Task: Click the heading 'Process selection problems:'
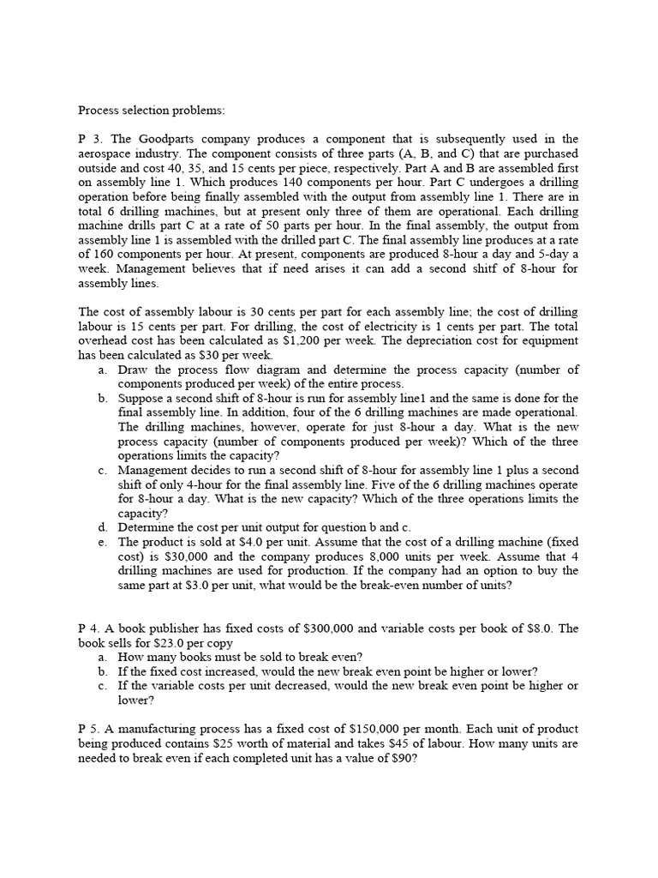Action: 151,110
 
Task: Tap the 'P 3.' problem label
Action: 91,139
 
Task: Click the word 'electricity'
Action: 388,326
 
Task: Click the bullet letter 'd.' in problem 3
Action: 103,527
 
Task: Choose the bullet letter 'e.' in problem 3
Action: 103,542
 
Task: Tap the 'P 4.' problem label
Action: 91,628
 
